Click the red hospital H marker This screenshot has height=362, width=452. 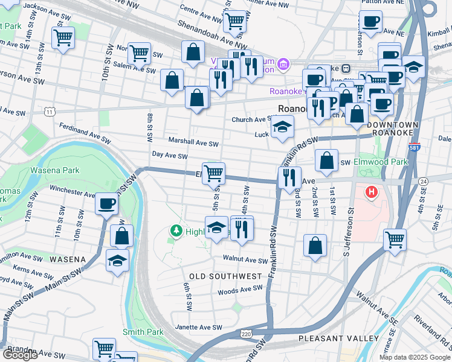click(371, 192)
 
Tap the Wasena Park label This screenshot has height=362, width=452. click(55, 171)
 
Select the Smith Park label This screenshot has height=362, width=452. click(143, 332)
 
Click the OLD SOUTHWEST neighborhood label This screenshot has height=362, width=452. click(225, 276)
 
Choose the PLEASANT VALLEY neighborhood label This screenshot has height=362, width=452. click(338, 338)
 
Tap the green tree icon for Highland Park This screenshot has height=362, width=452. click(176, 230)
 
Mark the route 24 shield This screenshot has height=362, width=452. click(423, 181)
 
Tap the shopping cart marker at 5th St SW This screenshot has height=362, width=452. click(213, 174)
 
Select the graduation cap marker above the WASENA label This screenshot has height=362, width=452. click(117, 261)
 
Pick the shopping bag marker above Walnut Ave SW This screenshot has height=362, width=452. click(315, 246)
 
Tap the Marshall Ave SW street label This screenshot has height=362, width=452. click(193, 143)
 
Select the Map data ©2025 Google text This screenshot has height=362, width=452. click(415, 357)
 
